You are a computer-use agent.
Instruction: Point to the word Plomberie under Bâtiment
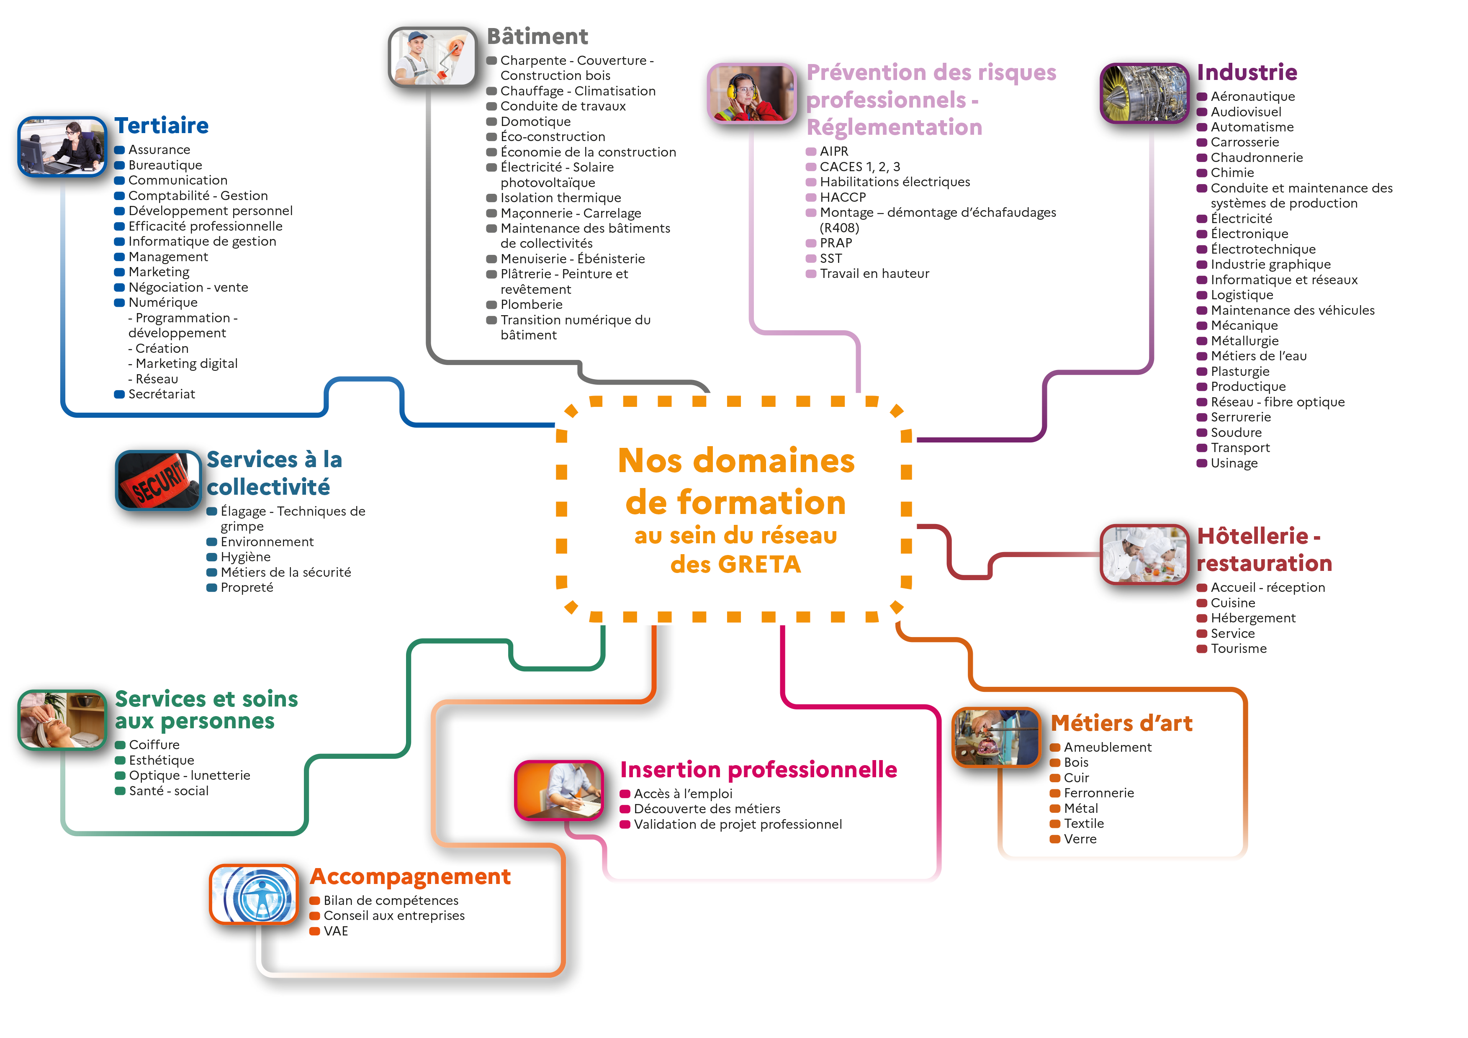click(531, 305)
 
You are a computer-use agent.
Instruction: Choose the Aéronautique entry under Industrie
click(1252, 97)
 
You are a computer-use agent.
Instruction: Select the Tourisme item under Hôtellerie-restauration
click(1239, 649)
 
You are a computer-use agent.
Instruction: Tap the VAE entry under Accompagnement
click(336, 931)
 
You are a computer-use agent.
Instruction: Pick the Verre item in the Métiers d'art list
click(1080, 839)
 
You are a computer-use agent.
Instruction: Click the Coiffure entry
click(154, 745)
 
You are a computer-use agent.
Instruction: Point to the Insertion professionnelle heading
click(759, 770)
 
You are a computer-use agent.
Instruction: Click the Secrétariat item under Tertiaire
click(162, 394)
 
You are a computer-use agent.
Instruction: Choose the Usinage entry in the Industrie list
click(1234, 463)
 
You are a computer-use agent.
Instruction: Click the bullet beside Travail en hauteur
click(811, 274)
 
